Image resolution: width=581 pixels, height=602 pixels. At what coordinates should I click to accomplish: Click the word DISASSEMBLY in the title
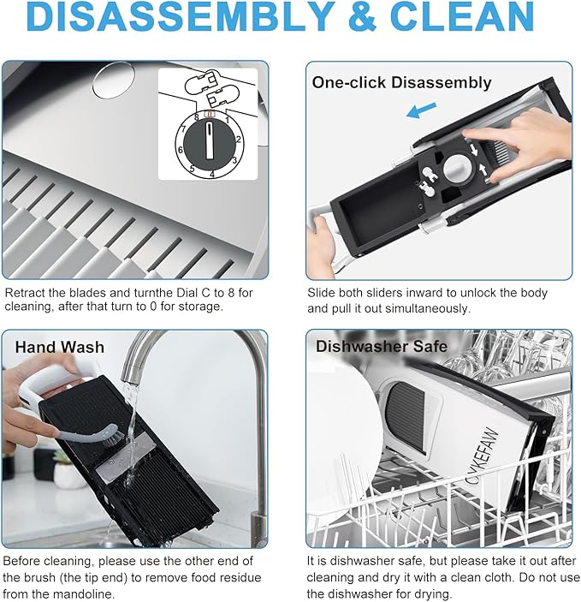(181, 16)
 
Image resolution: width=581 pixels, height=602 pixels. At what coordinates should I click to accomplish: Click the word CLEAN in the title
(462, 16)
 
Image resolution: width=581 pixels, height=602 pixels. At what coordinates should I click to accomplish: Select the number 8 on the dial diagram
(197, 117)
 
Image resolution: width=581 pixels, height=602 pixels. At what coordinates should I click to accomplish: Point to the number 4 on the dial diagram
(212, 175)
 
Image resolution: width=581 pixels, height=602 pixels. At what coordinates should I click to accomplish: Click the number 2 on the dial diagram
(239, 140)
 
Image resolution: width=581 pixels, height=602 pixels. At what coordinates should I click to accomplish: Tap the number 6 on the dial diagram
(180, 150)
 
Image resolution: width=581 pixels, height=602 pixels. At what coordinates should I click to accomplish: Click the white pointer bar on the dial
(210, 140)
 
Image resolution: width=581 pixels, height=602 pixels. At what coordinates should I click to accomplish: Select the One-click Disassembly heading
(401, 82)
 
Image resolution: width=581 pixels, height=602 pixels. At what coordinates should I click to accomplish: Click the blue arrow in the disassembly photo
(421, 110)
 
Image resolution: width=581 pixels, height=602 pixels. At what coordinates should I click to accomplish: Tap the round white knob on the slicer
(459, 169)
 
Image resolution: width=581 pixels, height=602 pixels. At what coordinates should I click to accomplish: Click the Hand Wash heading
(60, 347)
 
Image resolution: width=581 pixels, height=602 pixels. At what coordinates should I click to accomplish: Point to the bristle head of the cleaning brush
(117, 438)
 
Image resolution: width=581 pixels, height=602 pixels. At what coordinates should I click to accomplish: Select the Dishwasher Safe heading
(382, 346)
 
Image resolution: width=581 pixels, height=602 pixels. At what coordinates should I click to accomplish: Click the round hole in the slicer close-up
(114, 80)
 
